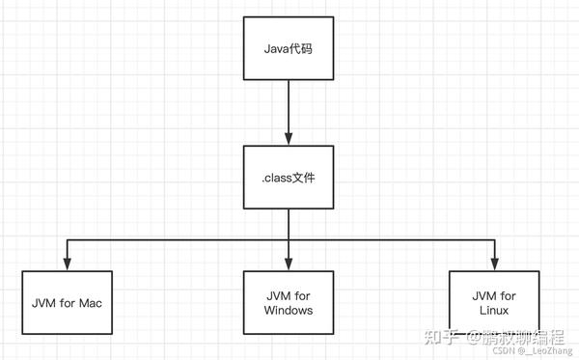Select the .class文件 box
point(288,176)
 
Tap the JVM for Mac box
point(65,302)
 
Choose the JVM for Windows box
point(288,302)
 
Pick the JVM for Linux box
point(494,300)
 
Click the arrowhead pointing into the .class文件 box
point(288,139)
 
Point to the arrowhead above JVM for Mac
point(66,263)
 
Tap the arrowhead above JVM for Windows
point(288,263)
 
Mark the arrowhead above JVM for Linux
point(495,263)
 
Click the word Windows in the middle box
point(288,310)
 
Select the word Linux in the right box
point(494,310)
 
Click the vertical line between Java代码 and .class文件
point(288,106)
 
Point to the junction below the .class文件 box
point(288,237)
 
